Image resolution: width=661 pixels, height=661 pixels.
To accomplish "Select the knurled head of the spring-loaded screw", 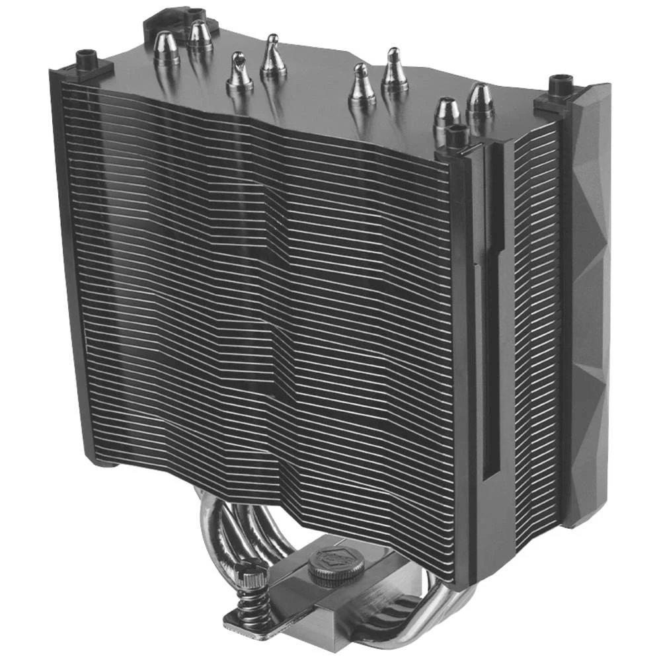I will click(x=254, y=574).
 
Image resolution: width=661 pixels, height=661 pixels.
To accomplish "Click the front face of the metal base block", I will click(x=311, y=618).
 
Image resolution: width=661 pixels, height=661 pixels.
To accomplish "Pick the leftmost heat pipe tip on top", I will click(x=166, y=48).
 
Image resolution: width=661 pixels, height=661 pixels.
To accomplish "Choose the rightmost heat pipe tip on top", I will click(x=480, y=100).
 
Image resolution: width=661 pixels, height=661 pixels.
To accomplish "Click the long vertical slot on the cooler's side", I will click(x=490, y=364).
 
